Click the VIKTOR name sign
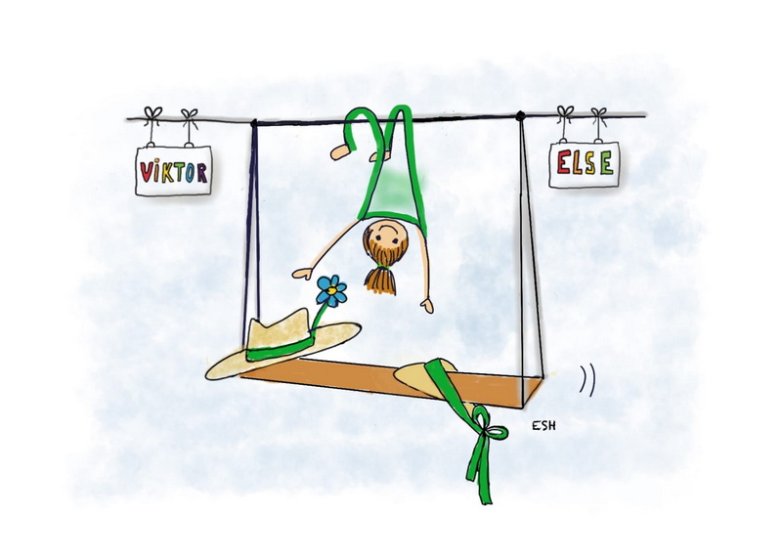pos(173,172)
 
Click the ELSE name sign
pos(585,162)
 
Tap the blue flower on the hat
pos(331,290)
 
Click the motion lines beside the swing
pos(586,379)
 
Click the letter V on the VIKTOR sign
pos(146,173)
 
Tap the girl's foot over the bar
pos(342,151)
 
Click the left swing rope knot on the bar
pos(254,122)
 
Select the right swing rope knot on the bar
pos(520,116)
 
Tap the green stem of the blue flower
pos(324,315)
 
